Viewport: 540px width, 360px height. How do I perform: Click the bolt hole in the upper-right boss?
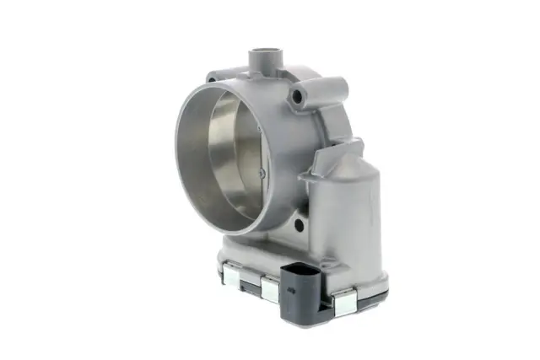tap(296, 99)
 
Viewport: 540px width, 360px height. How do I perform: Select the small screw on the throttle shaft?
tap(262, 173)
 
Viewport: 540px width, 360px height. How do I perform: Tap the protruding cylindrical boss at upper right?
tap(332, 87)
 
